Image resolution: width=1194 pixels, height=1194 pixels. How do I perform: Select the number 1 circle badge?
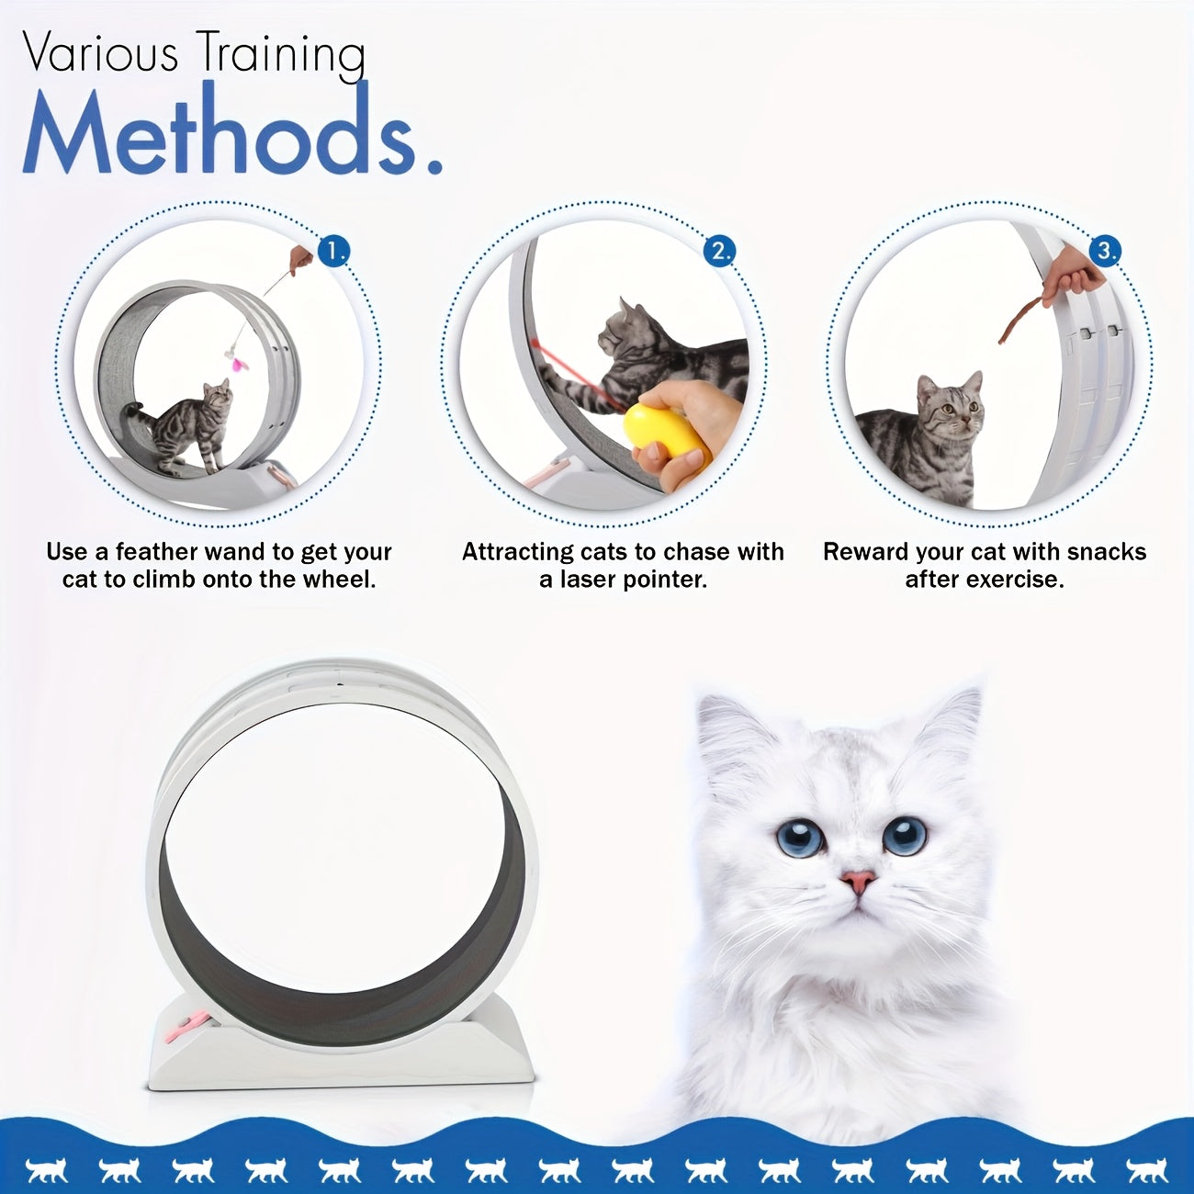334,251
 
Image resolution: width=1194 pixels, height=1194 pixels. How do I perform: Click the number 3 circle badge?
1106,251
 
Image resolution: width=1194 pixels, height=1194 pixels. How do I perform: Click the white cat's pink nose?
858,883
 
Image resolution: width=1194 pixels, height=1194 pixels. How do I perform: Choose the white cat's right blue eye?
905,835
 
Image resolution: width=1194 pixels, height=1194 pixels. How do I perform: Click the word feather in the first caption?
157,552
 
